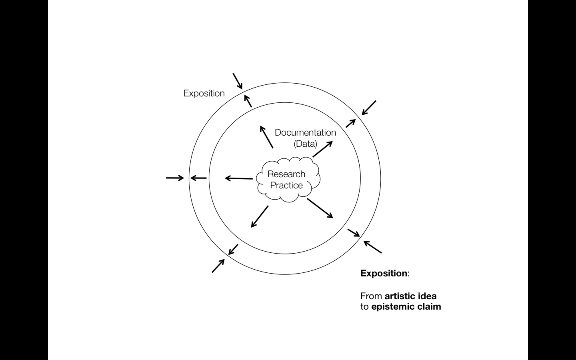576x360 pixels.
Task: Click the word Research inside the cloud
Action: [286, 174]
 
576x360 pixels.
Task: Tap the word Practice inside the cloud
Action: [286, 186]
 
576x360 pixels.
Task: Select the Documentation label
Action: [305, 132]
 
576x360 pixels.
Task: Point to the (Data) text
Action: [305, 144]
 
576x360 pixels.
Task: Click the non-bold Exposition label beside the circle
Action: [204, 94]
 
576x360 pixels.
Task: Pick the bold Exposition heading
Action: [384, 274]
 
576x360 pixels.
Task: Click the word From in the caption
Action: [371, 296]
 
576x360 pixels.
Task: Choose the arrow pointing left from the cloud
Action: [239, 178]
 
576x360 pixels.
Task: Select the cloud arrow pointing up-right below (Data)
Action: [322, 149]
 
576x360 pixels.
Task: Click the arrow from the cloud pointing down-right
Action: [320, 208]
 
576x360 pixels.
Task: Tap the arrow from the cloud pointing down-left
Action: [260, 216]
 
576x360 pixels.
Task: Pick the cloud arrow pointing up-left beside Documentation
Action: [266, 137]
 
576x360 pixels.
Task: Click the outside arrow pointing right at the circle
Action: [175, 178]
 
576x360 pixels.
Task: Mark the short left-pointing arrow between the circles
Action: [198, 178]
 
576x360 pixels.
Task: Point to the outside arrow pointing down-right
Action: [238, 81]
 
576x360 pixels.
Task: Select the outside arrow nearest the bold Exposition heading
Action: [372, 247]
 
